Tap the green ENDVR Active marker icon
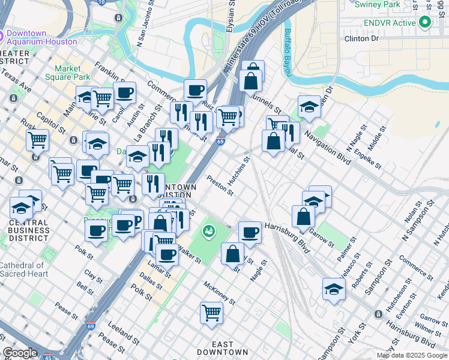click(426, 23)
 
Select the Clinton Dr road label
click(362, 38)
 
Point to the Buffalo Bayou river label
click(288, 53)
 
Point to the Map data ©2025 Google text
click(412, 355)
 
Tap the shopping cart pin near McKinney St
click(211, 312)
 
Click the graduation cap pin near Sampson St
click(334, 289)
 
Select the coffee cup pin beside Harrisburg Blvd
click(250, 232)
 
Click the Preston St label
click(219, 185)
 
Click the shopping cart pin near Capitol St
click(37, 140)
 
